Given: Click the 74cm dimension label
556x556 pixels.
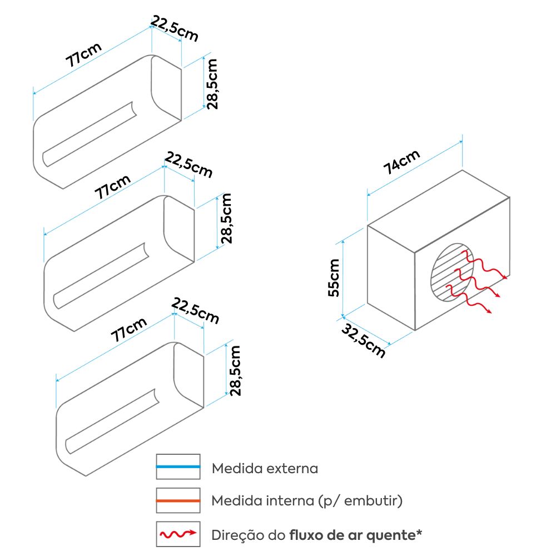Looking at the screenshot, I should pos(401,163).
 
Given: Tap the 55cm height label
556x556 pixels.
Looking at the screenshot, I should pos(334,277).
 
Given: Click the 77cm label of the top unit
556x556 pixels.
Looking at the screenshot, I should pos(84,54).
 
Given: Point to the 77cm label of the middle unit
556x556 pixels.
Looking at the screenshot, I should pos(112,187).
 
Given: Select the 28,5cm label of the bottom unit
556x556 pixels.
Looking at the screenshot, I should pos(235,370).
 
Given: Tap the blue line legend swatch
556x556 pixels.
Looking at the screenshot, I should pos(178,467).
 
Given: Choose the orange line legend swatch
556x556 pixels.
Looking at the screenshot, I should pos(178,501).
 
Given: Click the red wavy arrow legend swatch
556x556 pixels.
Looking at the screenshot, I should pos(178,535).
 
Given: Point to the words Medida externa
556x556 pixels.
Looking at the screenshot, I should pos(265,468).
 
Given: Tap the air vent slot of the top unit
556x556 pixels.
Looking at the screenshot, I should pos(89,133).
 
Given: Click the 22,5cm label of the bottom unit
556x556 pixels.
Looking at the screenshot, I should pos(195,311).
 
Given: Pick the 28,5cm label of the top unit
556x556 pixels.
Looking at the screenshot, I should pos(212,84).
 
